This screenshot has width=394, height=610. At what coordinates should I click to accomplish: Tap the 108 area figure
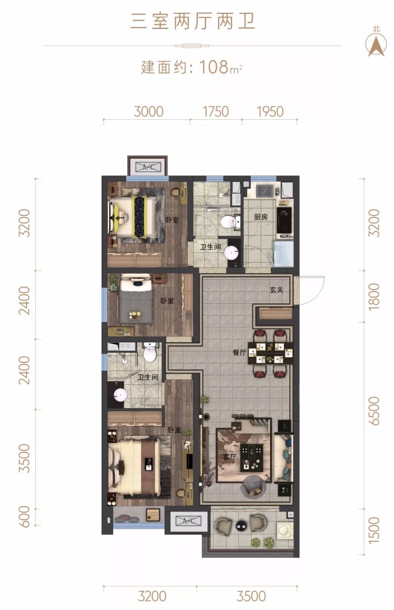click(214, 67)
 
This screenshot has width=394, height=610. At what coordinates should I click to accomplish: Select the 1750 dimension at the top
click(216, 112)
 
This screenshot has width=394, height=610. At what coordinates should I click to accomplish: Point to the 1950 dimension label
click(270, 112)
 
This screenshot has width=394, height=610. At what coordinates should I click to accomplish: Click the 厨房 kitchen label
click(261, 217)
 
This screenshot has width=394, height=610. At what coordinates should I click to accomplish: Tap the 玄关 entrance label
click(277, 290)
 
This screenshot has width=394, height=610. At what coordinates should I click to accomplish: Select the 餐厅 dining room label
click(239, 352)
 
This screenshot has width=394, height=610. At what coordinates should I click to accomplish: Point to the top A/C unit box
click(148, 167)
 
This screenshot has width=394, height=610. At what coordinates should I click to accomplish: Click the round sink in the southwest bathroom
click(120, 394)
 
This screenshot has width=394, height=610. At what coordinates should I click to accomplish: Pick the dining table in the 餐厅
click(271, 353)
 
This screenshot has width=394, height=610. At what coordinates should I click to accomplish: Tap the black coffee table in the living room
click(252, 457)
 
